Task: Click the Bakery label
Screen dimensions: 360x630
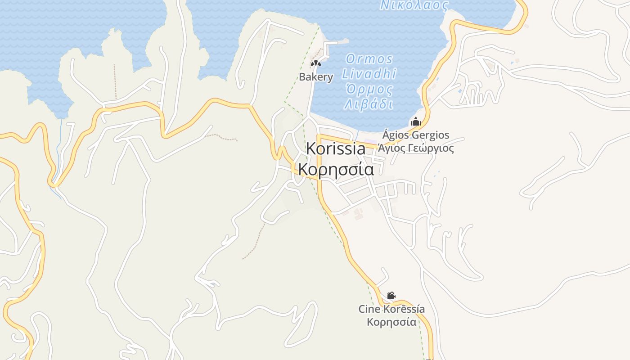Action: (316, 77)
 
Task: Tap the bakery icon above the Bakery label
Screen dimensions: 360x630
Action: (316, 64)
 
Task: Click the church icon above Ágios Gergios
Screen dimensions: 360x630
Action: (415, 121)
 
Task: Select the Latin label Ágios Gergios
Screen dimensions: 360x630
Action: (416, 135)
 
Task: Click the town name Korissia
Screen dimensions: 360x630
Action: (336, 149)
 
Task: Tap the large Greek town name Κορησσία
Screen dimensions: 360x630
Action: (336, 170)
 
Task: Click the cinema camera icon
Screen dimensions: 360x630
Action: (391, 296)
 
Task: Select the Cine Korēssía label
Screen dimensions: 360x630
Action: (391, 309)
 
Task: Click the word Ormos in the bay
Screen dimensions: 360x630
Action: (369, 59)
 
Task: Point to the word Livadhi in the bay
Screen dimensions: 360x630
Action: (369, 74)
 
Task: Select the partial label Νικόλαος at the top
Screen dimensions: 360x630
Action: (414, 5)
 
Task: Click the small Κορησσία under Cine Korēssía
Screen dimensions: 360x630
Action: (391, 322)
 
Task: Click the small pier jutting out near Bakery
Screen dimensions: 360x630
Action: (337, 43)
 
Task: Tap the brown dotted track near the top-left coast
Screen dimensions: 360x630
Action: (115, 81)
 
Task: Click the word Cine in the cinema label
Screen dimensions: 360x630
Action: (369, 309)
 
